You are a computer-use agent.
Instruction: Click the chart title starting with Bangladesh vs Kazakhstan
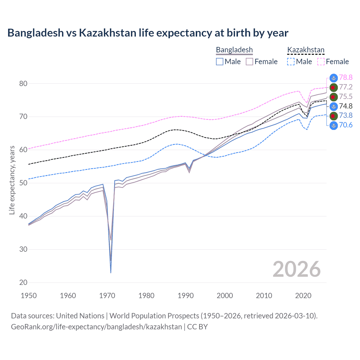[148, 33]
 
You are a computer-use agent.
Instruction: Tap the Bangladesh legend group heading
[234, 50]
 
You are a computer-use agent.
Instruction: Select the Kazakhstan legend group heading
[306, 50]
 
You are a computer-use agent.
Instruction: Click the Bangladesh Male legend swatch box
[220, 62]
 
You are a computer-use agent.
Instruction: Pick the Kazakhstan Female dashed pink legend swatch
[321, 62]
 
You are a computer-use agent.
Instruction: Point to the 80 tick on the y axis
[23, 84]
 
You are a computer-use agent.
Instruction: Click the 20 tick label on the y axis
[23, 282]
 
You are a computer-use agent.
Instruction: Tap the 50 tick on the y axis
[23, 183]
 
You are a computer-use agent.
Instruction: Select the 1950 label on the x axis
[29, 296]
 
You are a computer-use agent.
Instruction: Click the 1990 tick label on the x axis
[186, 296]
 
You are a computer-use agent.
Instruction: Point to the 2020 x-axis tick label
[303, 296]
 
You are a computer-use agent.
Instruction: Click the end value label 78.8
[346, 77]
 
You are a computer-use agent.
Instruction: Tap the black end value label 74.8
[346, 106]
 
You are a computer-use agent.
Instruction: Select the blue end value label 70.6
[346, 125]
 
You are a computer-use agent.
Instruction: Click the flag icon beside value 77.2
[334, 87]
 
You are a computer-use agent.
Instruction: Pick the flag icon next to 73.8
[334, 116]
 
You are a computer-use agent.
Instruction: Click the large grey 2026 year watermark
[296, 269]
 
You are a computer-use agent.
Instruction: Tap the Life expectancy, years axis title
[12, 180]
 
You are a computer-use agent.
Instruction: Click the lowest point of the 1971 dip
[111, 273]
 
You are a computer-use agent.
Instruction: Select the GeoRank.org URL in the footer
[96, 327]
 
